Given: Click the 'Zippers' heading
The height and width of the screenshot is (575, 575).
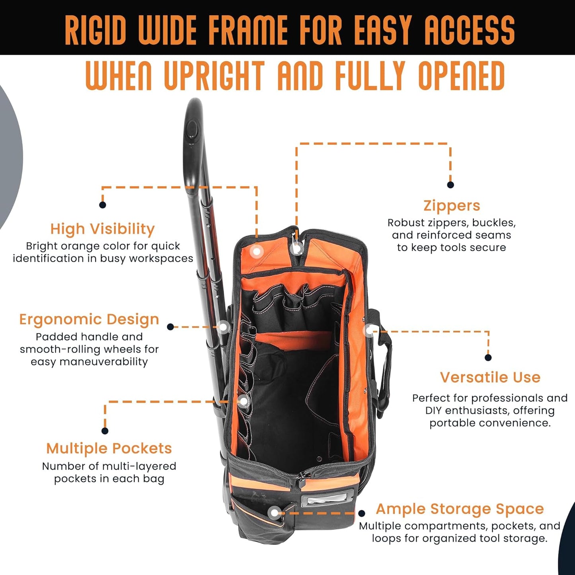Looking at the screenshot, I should [452, 206].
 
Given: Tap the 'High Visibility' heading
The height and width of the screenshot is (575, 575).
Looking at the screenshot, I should [102, 229].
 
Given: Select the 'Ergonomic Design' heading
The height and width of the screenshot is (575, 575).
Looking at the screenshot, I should [89, 319].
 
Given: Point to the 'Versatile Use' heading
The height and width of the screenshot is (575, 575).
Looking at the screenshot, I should [490, 377].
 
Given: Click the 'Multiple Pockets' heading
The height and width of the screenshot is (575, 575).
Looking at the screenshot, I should [109, 448].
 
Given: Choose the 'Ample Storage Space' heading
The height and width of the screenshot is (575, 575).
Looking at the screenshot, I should [460, 509].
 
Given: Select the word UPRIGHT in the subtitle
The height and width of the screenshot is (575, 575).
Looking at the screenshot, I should [214, 76].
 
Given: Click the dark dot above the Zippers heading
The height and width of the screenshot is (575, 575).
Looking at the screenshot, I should [450, 185].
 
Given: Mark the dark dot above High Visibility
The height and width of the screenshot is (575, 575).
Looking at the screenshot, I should [102, 205].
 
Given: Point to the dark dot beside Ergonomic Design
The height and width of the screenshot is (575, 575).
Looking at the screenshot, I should [171, 327].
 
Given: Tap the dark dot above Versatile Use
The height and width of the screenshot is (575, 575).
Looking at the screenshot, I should [488, 357].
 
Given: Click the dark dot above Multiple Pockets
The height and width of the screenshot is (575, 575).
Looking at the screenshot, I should [105, 431].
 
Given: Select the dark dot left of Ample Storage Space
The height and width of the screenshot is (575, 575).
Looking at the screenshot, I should [362, 513].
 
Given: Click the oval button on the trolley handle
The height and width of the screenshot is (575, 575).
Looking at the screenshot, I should [192, 130].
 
